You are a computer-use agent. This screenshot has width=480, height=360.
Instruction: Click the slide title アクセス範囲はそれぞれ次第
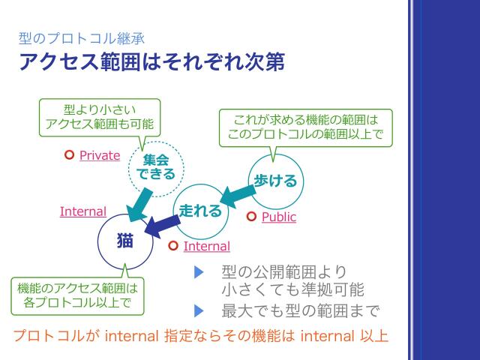151,61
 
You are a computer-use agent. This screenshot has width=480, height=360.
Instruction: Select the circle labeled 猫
124,240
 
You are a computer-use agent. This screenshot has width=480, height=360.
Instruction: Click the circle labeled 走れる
200,211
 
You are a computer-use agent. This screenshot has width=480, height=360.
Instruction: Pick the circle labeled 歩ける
275,181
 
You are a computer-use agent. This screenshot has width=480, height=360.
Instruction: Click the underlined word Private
100,155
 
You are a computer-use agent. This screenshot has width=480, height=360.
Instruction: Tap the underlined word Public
278,217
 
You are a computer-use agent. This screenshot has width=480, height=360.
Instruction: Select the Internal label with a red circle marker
206,246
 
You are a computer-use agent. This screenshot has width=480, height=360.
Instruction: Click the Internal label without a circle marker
82,211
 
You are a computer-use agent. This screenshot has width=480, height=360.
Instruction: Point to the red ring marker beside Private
69,155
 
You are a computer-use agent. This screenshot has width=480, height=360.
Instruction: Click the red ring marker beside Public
251,217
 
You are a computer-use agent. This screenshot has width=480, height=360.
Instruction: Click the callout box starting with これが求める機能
303,127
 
